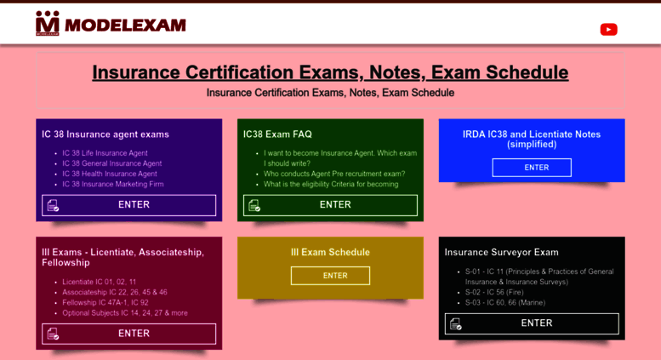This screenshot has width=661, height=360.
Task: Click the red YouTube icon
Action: (x=609, y=30)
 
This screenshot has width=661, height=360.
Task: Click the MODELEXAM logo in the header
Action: (x=111, y=24)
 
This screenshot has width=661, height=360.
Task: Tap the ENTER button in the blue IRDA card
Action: (x=532, y=168)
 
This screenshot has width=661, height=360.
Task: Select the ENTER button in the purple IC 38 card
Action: (x=129, y=205)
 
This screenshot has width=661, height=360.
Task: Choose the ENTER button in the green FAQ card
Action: (x=330, y=205)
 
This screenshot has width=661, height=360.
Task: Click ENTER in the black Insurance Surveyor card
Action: (x=532, y=323)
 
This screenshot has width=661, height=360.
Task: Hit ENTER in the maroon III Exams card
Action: (x=129, y=334)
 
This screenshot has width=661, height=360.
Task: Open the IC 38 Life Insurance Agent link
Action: (x=105, y=153)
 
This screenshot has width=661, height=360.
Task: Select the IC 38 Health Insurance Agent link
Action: (x=110, y=174)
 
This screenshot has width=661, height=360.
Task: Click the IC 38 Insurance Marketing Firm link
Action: (x=113, y=184)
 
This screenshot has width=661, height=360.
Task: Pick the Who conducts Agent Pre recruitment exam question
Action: (x=334, y=174)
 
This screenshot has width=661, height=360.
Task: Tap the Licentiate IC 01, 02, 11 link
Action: (x=99, y=282)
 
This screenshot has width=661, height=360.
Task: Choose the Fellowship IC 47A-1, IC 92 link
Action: (x=105, y=303)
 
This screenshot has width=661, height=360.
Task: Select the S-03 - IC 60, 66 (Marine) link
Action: (x=505, y=303)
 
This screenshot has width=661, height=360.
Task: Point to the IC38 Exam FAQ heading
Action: (x=277, y=134)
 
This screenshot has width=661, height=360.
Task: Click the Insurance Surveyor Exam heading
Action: (x=501, y=253)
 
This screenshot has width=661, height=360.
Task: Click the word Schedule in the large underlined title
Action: (x=527, y=72)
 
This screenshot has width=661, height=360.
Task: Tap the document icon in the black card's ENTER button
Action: (x=456, y=323)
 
